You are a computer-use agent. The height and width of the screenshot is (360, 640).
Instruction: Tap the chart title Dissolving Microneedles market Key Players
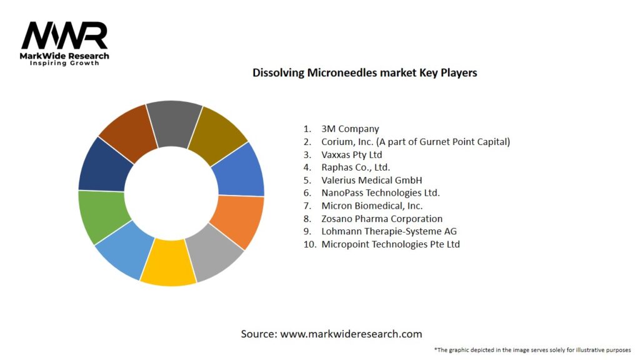pos(364,72)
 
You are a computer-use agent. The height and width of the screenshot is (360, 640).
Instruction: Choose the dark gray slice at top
pos(175,119)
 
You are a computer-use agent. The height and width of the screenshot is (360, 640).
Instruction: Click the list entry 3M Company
pos(350,129)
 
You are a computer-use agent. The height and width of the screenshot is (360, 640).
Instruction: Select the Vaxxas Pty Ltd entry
pos(351,154)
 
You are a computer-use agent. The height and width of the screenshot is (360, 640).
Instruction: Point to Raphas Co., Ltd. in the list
pos(356,167)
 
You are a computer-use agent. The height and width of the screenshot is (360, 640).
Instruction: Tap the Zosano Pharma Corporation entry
pos(382,219)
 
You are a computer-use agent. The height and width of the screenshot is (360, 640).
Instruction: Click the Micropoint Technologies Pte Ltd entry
pos(390,244)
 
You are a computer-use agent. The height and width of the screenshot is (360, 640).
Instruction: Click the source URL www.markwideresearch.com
pos(351,334)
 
